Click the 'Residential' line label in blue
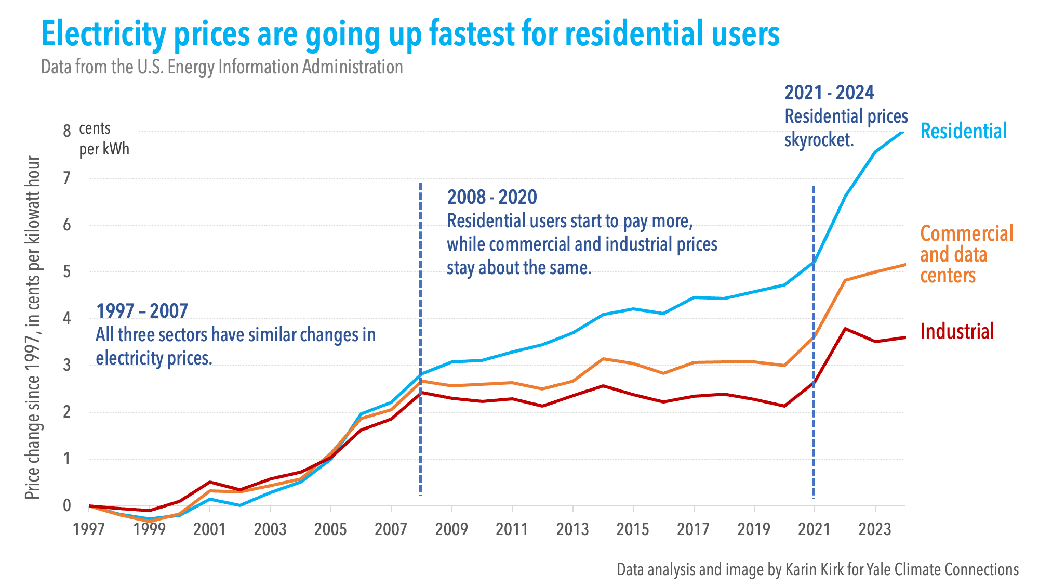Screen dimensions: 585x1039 click(963, 131)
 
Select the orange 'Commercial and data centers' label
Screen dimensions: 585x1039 click(966, 255)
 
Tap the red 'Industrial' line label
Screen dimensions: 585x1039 click(956, 331)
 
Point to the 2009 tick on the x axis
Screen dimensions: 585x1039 click(451, 529)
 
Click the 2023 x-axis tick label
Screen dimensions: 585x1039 click(875, 529)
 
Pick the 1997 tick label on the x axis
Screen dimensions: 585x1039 click(89, 529)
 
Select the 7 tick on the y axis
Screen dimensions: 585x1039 click(66, 178)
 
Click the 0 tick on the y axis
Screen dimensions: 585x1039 click(66, 505)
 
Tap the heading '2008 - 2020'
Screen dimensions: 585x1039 click(491, 197)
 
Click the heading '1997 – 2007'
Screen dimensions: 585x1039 click(142, 311)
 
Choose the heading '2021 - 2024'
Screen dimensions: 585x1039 click(829, 93)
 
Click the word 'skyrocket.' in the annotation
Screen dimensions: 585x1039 click(819, 140)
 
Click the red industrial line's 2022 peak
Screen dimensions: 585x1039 click(845, 329)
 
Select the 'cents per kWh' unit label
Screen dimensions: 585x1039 click(103, 139)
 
